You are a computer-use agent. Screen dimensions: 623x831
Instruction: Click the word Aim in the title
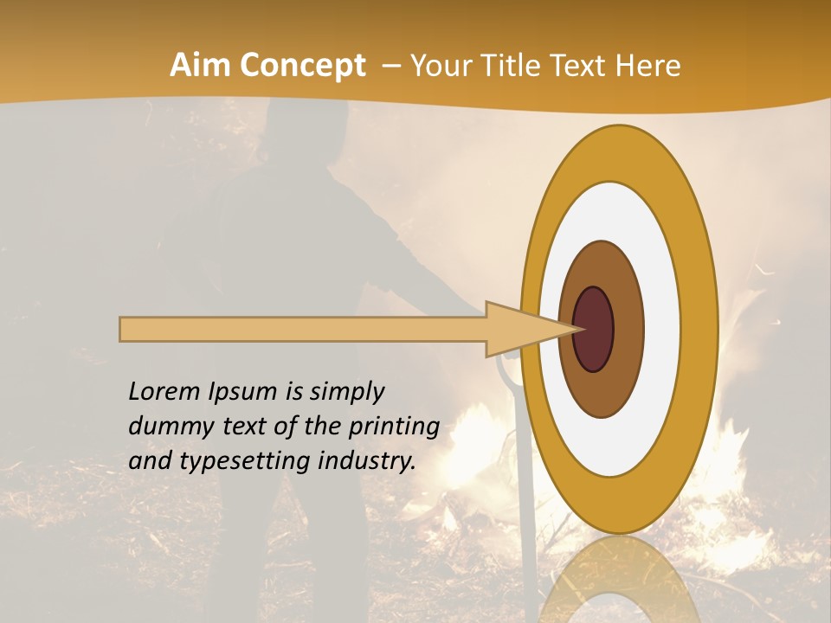pos(201,66)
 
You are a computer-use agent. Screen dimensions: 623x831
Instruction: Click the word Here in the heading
pos(649,66)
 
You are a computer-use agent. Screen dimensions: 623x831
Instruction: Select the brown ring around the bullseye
pos(628,329)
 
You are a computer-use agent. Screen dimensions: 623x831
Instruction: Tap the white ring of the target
pos(662,329)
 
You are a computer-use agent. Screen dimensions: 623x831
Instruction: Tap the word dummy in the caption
pos(165,427)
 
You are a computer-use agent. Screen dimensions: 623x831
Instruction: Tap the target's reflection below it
pos(618,580)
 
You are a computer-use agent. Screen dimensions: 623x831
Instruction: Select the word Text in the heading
pos(587,66)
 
